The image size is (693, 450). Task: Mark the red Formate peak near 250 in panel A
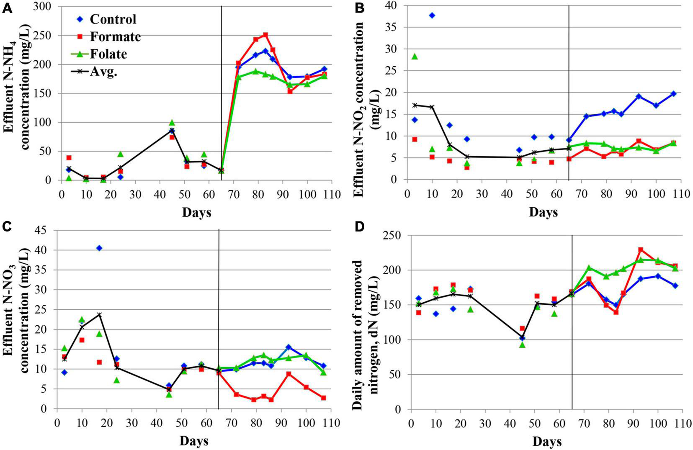(265, 35)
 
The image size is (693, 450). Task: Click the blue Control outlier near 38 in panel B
(432, 15)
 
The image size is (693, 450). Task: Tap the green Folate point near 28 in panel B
(415, 56)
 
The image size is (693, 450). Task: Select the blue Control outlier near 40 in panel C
(99, 248)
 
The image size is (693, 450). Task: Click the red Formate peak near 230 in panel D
(641, 249)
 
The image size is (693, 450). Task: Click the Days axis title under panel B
(543, 212)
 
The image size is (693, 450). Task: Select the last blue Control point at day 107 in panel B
(673, 94)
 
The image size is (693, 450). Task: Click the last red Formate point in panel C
(323, 398)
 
